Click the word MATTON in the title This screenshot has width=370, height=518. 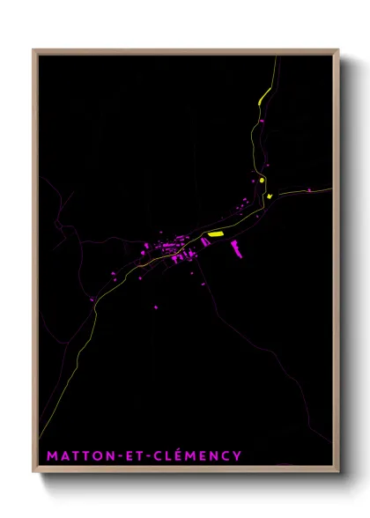click(75, 455)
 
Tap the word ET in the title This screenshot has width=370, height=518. click(129, 455)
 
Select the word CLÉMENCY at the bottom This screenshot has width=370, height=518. click(195, 455)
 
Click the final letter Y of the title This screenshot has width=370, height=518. click(237, 455)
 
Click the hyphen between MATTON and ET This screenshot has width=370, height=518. click(114, 456)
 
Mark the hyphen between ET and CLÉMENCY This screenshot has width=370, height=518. click(145, 456)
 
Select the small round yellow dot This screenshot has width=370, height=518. click(263, 180)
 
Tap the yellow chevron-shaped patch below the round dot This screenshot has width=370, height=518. click(270, 196)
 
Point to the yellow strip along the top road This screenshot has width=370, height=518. click(263, 97)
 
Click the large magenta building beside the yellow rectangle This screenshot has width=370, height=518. click(235, 249)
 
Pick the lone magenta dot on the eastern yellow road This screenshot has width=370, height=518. click(309, 189)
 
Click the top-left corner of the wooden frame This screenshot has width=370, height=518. click(34, 51)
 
